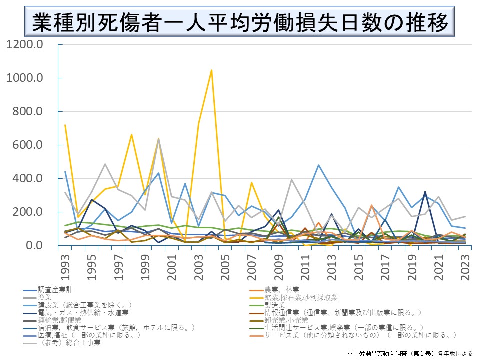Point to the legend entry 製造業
274,305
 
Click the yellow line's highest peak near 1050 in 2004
212,70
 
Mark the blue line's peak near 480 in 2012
318,165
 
